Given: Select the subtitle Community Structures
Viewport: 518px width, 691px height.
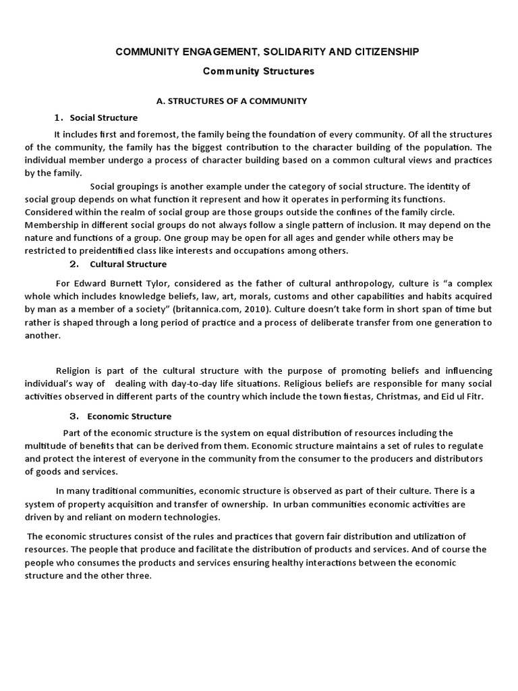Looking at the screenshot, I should coord(260,71).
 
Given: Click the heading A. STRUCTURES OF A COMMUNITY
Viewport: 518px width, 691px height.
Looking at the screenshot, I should coord(231,101).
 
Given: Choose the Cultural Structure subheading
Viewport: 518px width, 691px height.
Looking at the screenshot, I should coord(128,264).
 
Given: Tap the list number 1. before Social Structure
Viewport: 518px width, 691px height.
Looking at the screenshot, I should coord(59,117).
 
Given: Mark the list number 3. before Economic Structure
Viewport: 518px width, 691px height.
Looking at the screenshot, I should coord(75,416).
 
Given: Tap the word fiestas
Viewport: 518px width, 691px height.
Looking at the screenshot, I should coord(358,396).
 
